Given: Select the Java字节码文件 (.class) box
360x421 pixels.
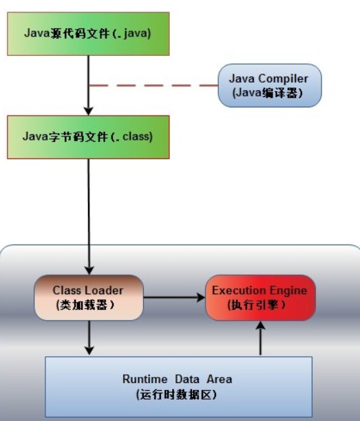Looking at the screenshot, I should point(87,136).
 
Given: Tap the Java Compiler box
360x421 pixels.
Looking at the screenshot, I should point(269,85).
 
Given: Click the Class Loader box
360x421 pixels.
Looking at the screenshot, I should point(88,297).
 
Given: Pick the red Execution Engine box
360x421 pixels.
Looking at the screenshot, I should point(260,297).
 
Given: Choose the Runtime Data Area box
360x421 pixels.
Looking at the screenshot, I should point(178,386).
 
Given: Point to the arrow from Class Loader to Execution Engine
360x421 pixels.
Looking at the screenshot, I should point(173,298).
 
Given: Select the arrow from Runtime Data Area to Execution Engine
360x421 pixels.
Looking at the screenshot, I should point(260,338).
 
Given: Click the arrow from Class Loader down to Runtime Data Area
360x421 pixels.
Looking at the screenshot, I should point(88,338).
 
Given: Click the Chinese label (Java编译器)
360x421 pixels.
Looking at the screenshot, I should point(269,93).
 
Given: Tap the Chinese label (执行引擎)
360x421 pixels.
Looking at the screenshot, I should point(260,305).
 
